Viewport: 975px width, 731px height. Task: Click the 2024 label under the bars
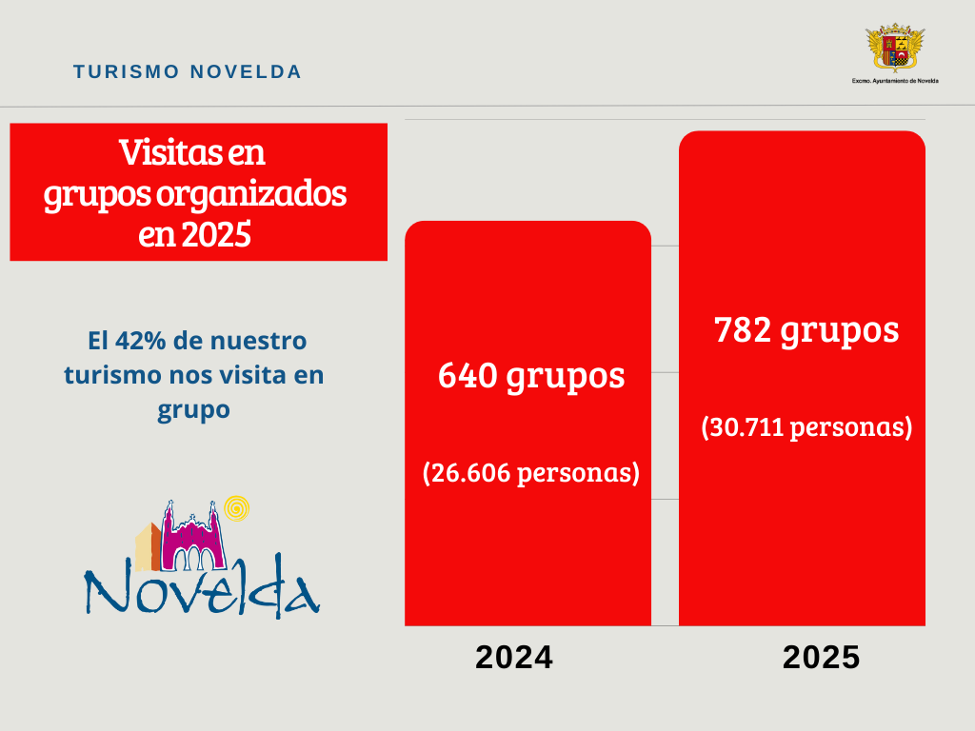click(514, 658)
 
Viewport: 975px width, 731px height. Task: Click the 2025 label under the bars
click(822, 658)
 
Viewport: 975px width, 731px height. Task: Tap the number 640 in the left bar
click(468, 376)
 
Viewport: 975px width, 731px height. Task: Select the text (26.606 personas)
click(530, 473)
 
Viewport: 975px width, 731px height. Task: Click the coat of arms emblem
click(894, 49)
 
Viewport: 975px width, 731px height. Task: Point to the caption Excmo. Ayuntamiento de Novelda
click(894, 81)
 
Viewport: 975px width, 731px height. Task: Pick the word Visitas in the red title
click(162, 151)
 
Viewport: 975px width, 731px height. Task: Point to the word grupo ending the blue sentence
click(194, 409)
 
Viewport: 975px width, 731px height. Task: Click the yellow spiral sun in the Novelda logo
click(239, 509)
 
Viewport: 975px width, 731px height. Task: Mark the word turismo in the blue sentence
click(103, 375)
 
